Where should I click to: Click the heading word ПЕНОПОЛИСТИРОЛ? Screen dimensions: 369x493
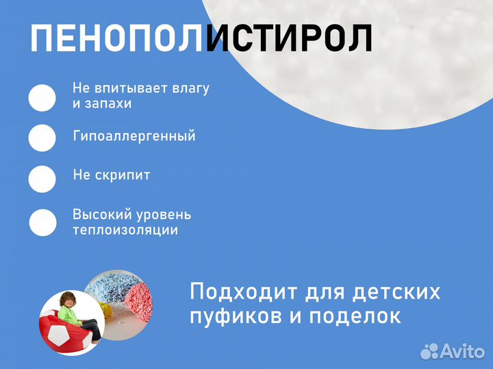pos(202,39)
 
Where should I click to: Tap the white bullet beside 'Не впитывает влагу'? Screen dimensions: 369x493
pos(42,98)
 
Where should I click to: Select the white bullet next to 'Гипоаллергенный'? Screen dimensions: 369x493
pos(42,138)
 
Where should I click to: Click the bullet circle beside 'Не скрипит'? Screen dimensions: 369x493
pos(42,179)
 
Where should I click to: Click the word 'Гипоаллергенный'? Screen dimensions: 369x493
pos(134,136)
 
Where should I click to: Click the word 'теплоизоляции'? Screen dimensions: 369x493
pos(125,230)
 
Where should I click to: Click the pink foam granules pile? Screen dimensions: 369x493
pos(131,294)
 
